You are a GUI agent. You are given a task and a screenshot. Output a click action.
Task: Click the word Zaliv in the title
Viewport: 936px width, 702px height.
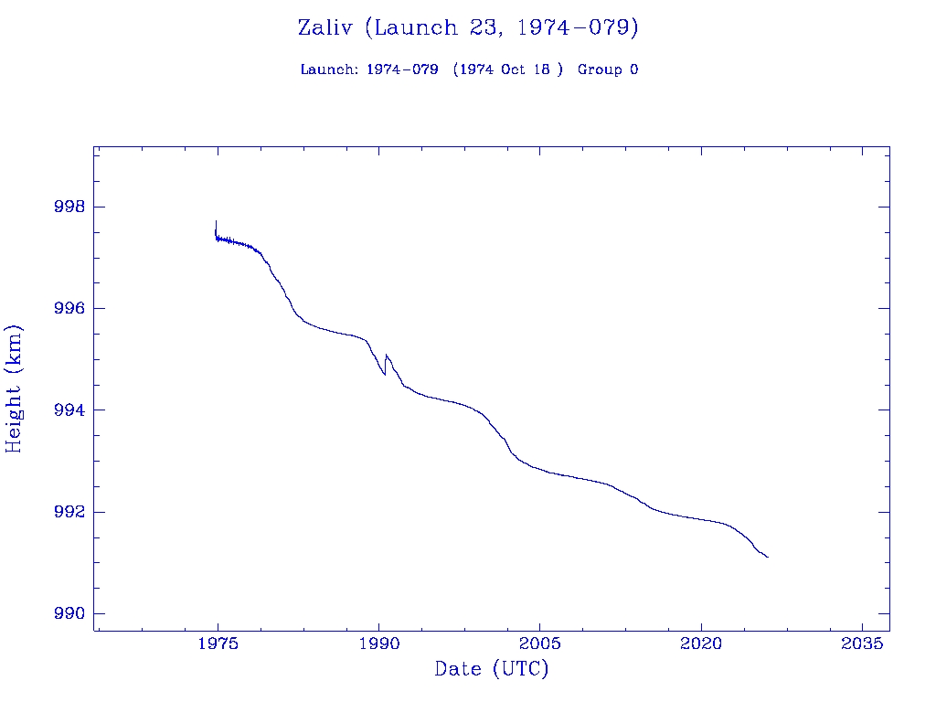(x=326, y=27)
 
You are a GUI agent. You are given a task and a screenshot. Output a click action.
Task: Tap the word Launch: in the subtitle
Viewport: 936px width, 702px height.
(x=329, y=69)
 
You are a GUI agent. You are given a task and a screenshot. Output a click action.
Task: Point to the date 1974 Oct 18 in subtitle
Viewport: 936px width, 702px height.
(x=508, y=69)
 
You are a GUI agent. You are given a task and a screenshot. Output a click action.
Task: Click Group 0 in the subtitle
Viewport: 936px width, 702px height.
(x=608, y=69)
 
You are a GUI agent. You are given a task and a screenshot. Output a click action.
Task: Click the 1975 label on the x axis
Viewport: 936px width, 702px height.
(x=218, y=643)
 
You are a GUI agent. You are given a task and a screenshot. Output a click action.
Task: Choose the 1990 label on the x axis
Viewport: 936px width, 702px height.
(x=378, y=643)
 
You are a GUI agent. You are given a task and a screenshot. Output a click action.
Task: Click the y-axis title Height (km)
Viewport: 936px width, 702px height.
(x=15, y=388)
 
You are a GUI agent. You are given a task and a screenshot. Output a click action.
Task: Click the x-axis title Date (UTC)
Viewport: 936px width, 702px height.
(x=492, y=670)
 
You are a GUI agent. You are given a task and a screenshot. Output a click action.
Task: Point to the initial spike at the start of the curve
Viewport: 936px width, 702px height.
(x=216, y=222)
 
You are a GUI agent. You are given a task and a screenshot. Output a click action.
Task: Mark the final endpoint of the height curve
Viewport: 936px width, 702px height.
(x=768, y=557)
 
